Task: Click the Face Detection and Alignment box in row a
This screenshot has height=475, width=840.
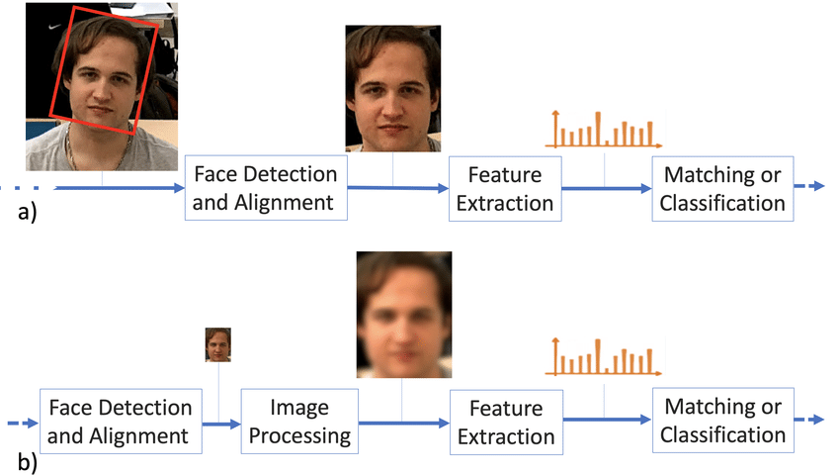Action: [x=266, y=188]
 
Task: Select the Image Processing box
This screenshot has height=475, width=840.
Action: [x=298, y=421]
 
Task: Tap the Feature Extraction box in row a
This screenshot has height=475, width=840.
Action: [x=505, y=188]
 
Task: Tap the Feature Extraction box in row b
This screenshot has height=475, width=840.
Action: [x=505, y=421]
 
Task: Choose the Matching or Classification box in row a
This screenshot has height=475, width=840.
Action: [x=722, y=188]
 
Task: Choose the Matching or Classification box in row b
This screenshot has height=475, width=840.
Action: [x=722, y=421]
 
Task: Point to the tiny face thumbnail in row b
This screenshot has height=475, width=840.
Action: [x=217, y=344]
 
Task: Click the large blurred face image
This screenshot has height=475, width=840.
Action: [x=402, y=316]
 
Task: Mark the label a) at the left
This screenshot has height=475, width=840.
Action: [x=28, y=211]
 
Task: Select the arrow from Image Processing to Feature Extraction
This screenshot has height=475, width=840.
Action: [x=402, y=423]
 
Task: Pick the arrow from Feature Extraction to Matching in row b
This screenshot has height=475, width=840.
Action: [x=606, y=421]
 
